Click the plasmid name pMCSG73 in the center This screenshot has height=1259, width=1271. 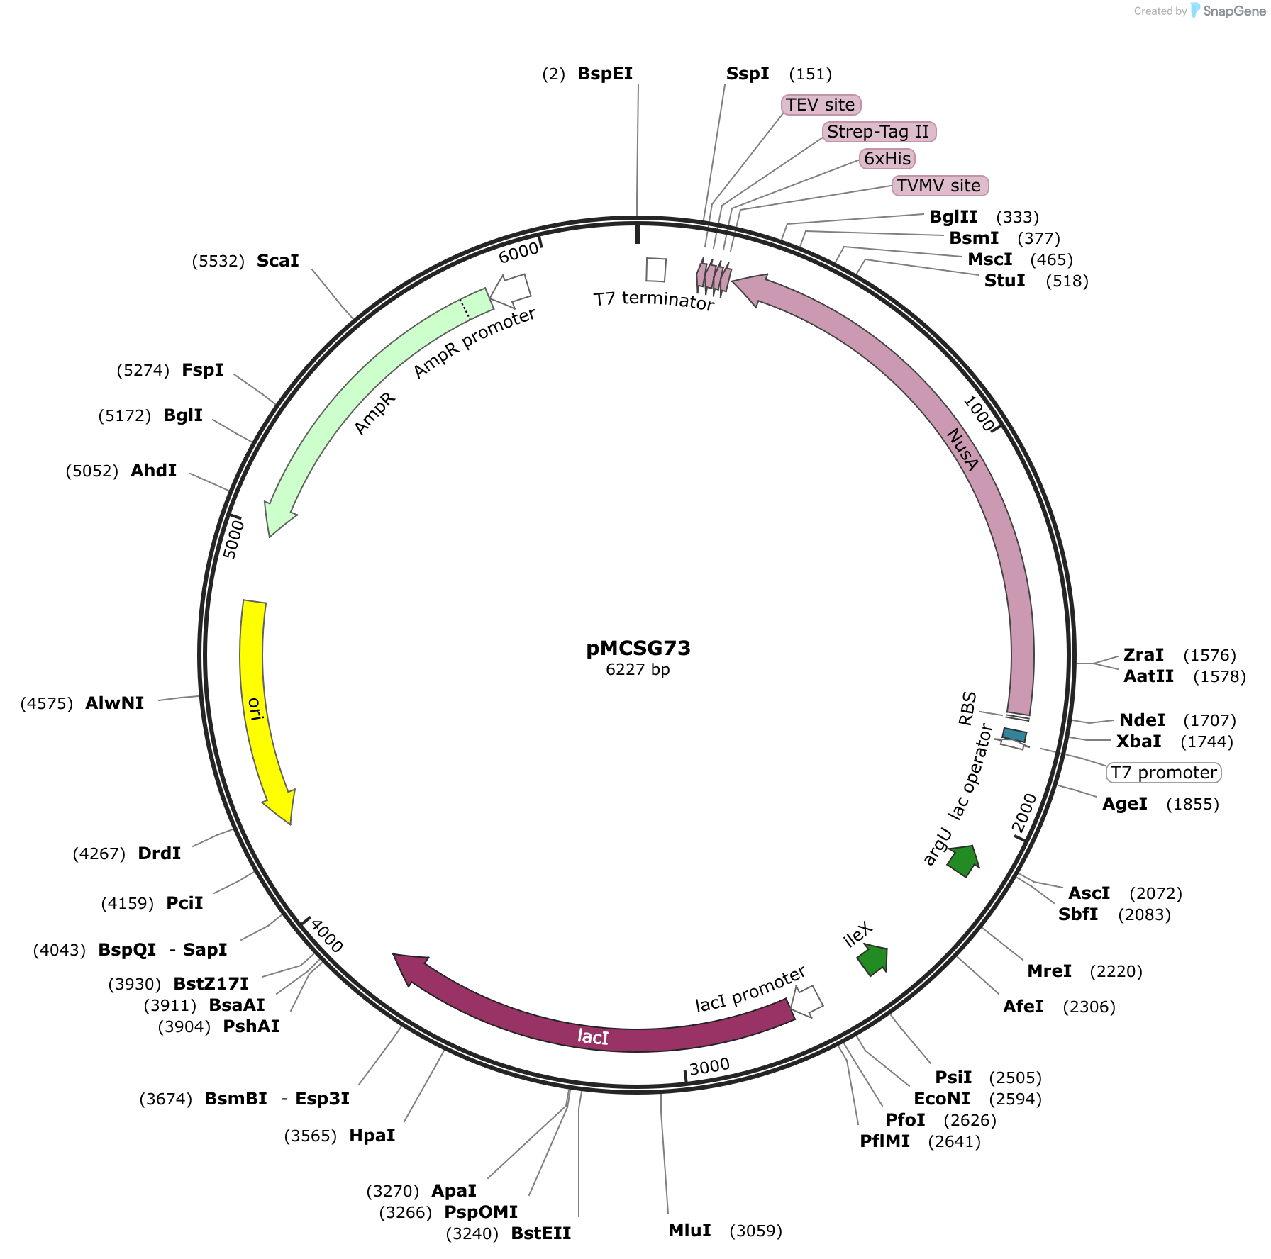coord(638,648)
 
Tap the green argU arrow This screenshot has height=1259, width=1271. coord(964,860)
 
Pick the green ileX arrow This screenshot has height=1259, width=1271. coord(873,960)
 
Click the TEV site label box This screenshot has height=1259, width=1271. coord(821,105)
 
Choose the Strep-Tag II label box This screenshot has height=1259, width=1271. coord(879,132)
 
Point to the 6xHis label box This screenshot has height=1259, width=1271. coord(887,159)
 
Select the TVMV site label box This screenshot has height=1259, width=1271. coord(940,186)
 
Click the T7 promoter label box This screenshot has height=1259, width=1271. coord(1164,773)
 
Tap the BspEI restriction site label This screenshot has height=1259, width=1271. coord(605,74)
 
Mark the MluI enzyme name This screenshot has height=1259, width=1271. coord(690,1230)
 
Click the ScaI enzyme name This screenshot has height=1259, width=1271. coord(278,261)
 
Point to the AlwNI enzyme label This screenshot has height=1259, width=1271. coord(115,703)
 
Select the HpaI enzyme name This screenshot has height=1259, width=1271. coord(372,1136)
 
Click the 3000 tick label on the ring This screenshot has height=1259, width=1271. coord(709,1067)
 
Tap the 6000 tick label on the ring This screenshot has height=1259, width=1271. coord(518,252)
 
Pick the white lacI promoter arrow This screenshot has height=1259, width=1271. coord(807,1001)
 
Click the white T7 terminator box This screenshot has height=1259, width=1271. coord(656,269)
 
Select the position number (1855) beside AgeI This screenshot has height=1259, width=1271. coord(1193,804)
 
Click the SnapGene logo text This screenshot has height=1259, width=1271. coord(1234,11)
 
